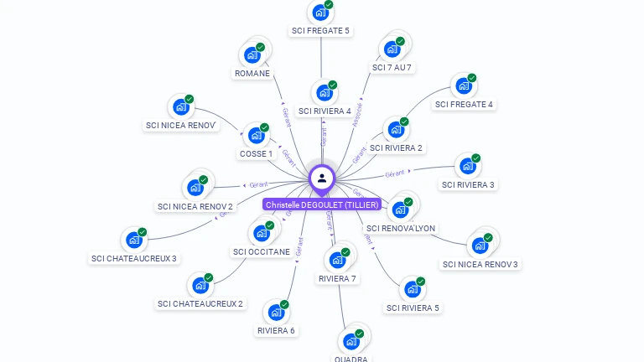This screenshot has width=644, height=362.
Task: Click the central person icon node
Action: [322, 178]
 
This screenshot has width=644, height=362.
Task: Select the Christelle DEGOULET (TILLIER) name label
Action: [323, 204]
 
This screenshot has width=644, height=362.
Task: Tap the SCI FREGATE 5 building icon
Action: [319, 13]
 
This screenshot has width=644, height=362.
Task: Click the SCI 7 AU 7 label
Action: [392, 67]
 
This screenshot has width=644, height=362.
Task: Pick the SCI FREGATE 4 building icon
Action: [463, 86]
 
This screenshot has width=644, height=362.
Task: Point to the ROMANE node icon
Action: [252, 55]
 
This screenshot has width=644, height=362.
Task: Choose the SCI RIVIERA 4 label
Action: [325, 111]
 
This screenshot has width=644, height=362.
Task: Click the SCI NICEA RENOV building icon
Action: [180, 107]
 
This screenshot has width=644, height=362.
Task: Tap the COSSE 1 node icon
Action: [255, 136]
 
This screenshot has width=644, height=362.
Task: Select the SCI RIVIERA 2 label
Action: [397, 148]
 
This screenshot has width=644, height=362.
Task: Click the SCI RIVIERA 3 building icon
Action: [467, 166]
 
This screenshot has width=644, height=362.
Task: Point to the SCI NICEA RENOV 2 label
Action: [195, 206]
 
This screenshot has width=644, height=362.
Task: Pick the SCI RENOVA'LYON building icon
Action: [400, 209]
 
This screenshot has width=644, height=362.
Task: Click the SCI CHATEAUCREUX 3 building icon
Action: [133, 240]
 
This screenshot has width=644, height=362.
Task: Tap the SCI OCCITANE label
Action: [262, 251]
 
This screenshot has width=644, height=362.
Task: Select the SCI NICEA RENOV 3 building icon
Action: [480, 246]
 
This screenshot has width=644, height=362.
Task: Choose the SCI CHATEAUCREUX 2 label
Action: [200, 303]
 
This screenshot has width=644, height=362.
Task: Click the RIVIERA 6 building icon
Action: [275, 313]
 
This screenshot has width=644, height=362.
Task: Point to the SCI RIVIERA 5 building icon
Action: [412, 289]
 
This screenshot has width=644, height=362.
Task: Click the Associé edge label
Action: [359, 113]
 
